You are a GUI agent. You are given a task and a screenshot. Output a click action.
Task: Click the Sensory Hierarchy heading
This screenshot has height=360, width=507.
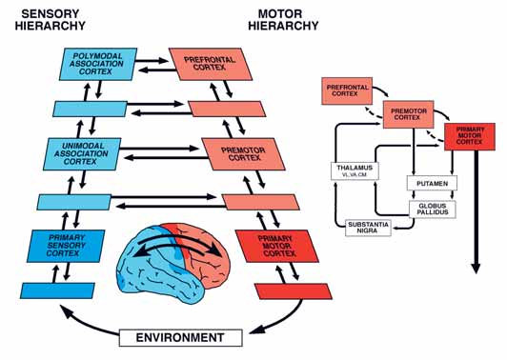pyautogui.click(x=51, y=20)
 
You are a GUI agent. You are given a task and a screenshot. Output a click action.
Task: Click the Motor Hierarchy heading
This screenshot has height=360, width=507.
pyautogui.click(x=283, y=20)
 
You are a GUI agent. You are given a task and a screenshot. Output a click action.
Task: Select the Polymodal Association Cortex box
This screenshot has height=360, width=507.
pyautogui.click(x=98, y=64)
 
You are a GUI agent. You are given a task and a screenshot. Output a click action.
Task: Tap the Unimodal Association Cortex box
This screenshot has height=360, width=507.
pyautogui.click(x=83, y=154)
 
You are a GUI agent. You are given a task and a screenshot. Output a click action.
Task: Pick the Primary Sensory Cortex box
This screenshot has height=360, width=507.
pyautogui.click(x=66, y=246)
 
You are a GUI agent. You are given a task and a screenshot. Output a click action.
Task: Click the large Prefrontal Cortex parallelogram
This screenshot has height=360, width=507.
pyautogui.click(x=211, y=64)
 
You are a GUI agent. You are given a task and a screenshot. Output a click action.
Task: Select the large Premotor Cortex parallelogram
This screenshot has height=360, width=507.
pyautogui.click(x=243, y=154)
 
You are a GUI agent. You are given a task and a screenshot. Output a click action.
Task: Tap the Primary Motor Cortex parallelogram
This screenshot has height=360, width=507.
pyautogui.click(x=276, y=246)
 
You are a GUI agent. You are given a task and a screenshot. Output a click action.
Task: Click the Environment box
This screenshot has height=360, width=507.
pyautogui.click(x=181, y=338)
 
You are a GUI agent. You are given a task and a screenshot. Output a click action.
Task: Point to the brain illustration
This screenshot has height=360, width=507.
pyautogui.click(x=173, y=263)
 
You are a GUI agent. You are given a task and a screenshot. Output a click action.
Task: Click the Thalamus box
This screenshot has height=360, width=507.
pyautogui.click(x=355, y=170)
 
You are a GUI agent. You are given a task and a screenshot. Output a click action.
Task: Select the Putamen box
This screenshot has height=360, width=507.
pyautogui.click(x=432, y=183)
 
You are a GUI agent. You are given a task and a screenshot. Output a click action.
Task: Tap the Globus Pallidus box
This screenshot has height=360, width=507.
pyautogui.click(x=433, y=210)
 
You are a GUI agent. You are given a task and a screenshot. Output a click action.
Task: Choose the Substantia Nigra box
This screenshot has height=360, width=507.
pyautogui.click(x=368, y=228)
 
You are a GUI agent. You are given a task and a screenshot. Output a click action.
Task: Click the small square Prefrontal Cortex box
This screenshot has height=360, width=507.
pyautogui.click(x=347, y=90)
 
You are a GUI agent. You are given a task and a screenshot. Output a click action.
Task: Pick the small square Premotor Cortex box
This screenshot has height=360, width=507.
pyautogui.click(x=409, y=114)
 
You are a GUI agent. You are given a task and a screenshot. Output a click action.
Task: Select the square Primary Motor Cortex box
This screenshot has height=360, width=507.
pyautogui.click(x=470, y=136)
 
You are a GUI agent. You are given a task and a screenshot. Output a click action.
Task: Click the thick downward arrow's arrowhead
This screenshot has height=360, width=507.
pyautogui.click(x=476, y=269)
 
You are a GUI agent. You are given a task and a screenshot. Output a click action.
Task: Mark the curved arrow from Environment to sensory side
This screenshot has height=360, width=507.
pyautogui.click(x=86, y=322)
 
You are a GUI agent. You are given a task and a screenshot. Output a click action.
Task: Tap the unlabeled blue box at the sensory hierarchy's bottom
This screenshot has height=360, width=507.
pyautogui.click(x=57, y=290)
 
